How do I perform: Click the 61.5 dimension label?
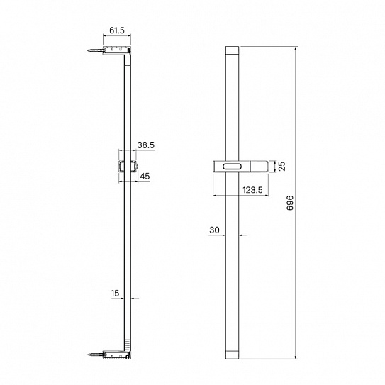pyautogui.click(x=117, y=30)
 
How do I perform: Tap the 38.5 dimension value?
pyautogui.click(x=145, y=145)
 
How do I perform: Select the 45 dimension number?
pyautogui.click(x=145, y=177)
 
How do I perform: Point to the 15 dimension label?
pyautogui.click(x=115, y=293)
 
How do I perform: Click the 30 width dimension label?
pyautogui.click(x=214, y=230)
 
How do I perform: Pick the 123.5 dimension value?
pyautogui.click(x=252, y=190)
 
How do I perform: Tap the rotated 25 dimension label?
pyautogui.click(x=283, y=166)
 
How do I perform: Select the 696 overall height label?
pyautogui.click(x=290, y=203)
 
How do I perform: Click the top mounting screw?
pyautogui.click(x=95, y=50)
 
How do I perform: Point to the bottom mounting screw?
pyautogui.click(x=95, y=355)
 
